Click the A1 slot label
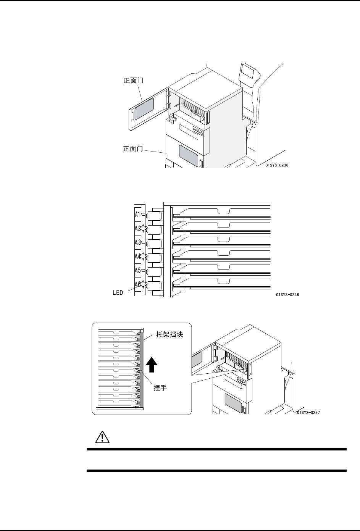(138, 215)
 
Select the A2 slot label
(138, 229)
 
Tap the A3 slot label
(138, 242)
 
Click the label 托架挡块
(170, 334)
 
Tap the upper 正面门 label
(133, 81)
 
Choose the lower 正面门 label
(133, 148)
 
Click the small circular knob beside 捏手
(141, 371)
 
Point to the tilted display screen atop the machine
(248, 73)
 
